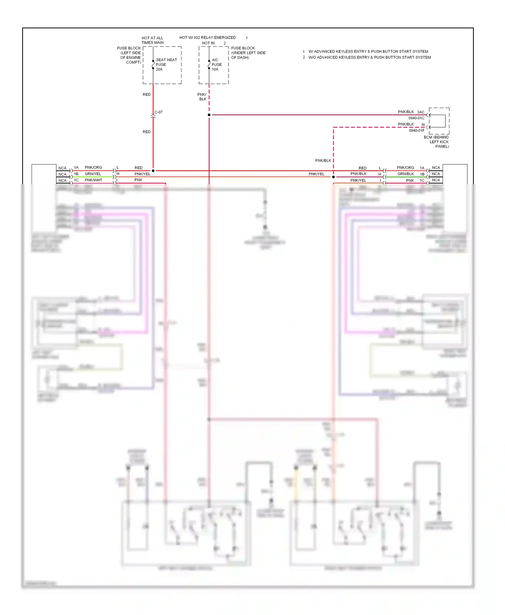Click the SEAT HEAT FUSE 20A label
166,65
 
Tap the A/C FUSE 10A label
216,65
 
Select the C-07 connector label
159,112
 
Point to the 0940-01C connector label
416,118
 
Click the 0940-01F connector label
416,131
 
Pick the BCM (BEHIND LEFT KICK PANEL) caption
436,142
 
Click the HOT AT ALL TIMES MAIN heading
153,40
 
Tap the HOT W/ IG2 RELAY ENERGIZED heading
207,38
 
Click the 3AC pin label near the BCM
420,112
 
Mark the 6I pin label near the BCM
423,124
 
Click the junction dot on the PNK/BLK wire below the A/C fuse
209,115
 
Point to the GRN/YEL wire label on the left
93,174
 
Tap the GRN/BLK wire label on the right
405,174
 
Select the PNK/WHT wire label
93,180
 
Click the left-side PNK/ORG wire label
93,168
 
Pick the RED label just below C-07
146,132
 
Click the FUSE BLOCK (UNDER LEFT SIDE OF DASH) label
248,53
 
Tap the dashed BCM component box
439,121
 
